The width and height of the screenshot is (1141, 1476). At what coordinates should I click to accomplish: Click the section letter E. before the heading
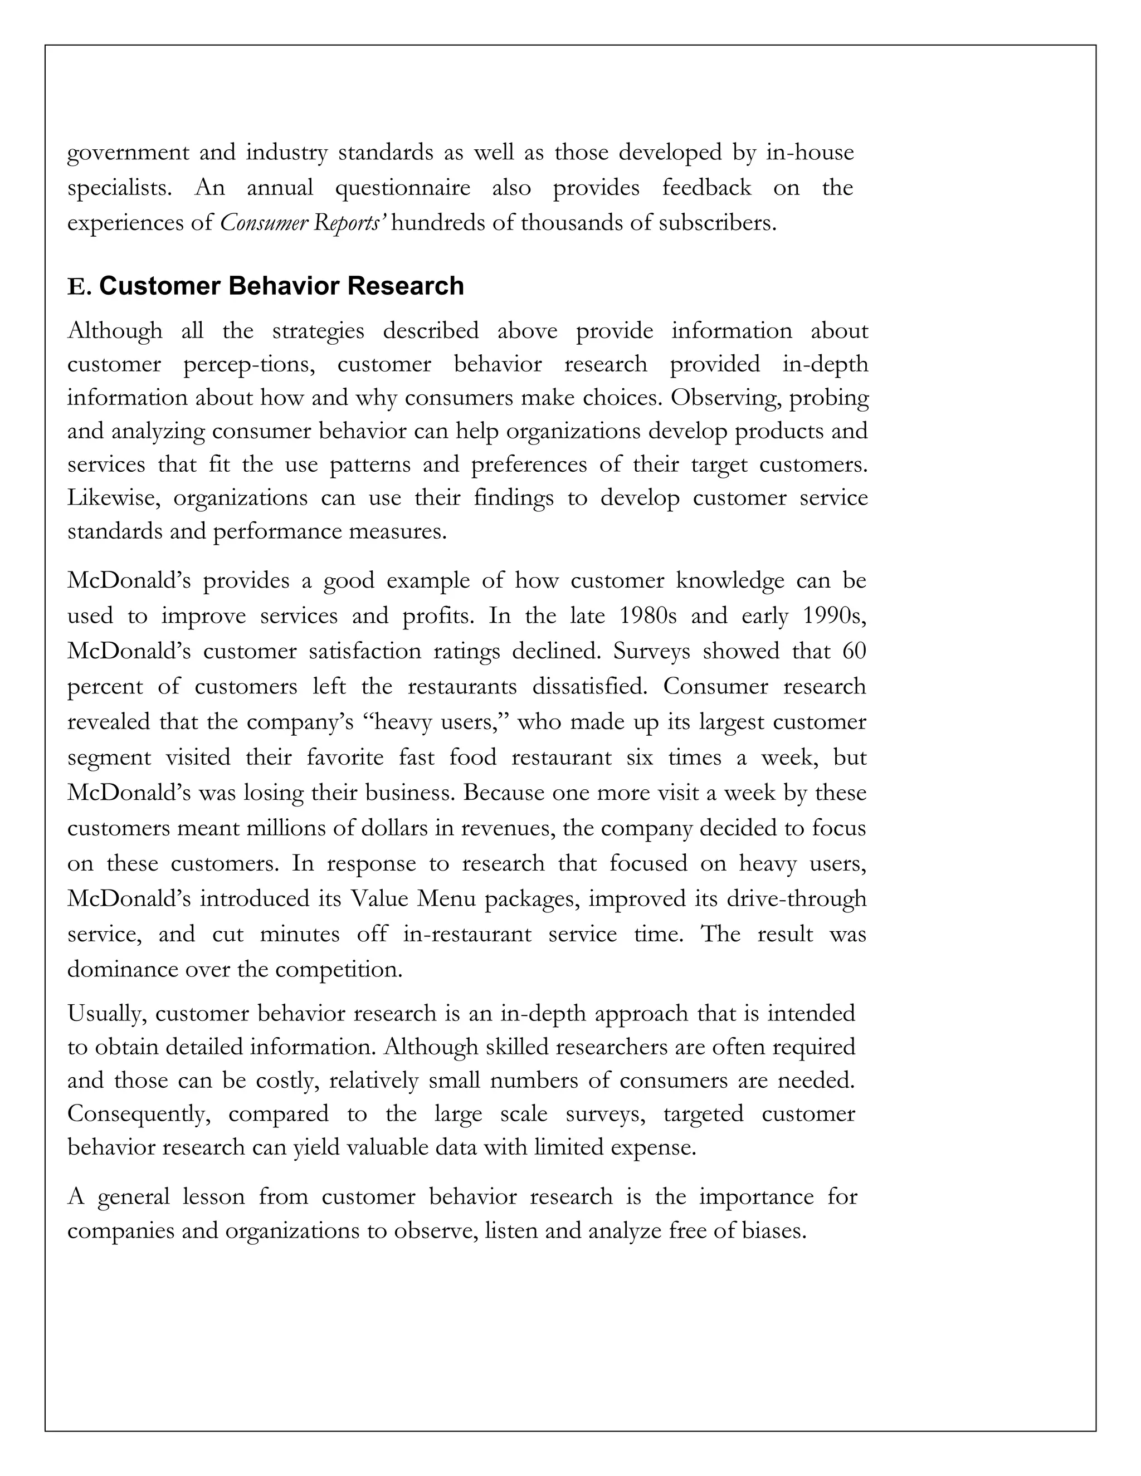(x=79, y=287)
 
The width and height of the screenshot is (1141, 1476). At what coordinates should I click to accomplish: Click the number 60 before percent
(x=855, y=651)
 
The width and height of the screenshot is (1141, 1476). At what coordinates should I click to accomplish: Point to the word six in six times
(x=640, y=757)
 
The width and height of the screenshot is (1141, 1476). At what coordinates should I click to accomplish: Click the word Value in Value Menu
(x=380, y=899)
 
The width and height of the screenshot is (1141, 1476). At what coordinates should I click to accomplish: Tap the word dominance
(x=123, y=969)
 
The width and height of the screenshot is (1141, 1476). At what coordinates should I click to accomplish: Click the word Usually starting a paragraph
(x=107, y=1014)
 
